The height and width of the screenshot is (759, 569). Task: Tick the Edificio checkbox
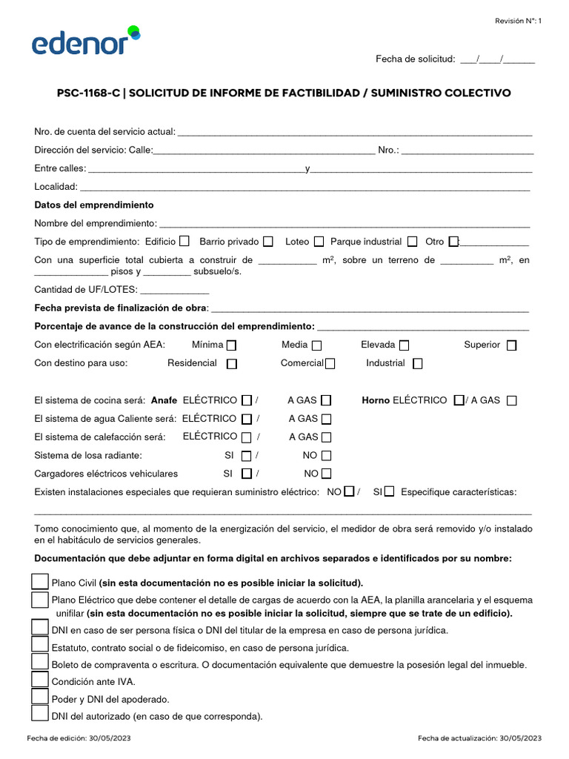(184, 241)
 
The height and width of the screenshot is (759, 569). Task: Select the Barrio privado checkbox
(268, 241)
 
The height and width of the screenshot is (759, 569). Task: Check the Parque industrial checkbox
(413, 241)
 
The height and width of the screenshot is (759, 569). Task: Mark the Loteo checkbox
(319, 241)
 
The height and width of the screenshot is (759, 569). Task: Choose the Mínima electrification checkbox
(232, 345)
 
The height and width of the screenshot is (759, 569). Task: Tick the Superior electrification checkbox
(512, 345)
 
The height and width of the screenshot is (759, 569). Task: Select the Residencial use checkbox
(232, 364)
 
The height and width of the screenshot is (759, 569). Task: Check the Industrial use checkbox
(418, 364)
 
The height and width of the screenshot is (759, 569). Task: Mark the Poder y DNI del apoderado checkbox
(40, 697)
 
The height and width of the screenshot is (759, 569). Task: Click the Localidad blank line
(305, 188)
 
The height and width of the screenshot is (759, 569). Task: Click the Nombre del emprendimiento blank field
(345, 224)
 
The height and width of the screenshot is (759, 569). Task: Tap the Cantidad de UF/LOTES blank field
(174, 291)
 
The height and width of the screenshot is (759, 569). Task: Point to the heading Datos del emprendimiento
(94, 205)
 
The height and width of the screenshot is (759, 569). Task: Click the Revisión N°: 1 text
(519, 21)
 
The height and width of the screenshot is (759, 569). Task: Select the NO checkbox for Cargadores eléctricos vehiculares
(326, 474)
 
